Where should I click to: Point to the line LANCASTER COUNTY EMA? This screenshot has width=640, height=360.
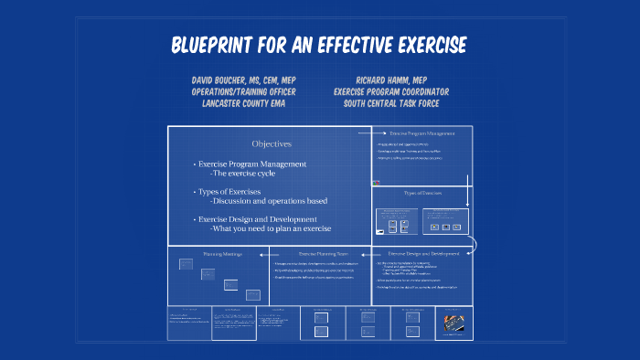click(243, 103)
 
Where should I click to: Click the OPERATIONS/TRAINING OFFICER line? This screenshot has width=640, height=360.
click(243, 91)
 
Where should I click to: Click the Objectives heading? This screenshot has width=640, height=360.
click(272, 143)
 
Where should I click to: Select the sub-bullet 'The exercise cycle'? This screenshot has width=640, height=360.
click(244, 173)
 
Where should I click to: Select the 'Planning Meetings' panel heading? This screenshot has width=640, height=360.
click(222, 253)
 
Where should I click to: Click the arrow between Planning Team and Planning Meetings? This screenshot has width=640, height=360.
click(264, 253)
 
